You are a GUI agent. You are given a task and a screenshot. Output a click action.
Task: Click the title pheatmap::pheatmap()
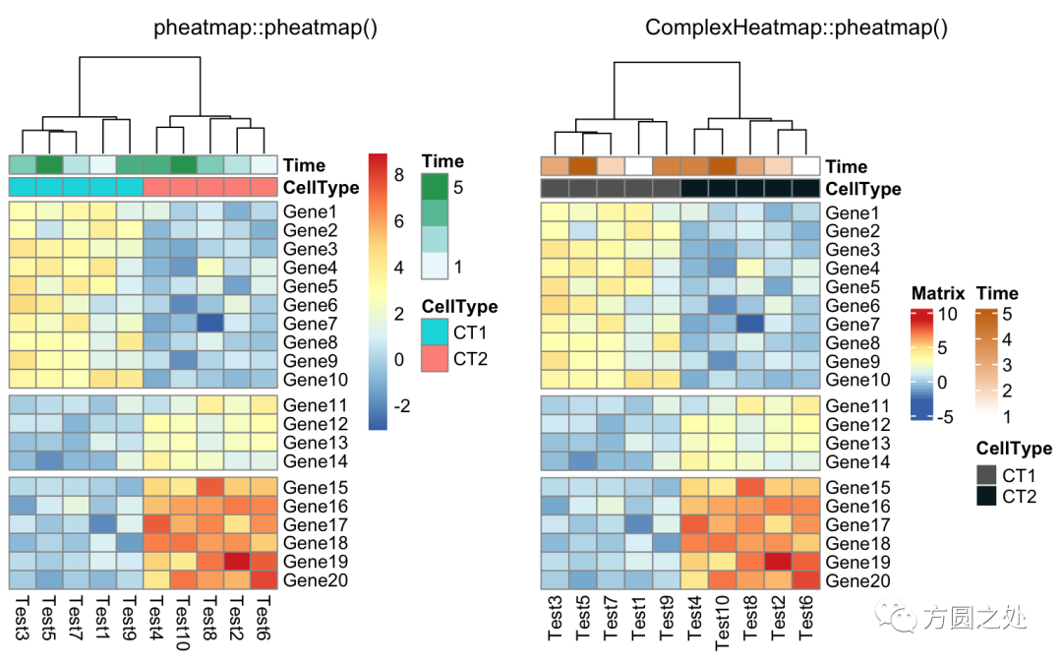pyautogui.click(x=265, y=28)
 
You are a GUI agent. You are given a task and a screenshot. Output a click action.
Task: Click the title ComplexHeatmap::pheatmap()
pyautogui.click(x=796, y=28)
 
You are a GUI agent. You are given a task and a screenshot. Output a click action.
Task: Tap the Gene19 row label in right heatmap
pyautogui.click(x=858, y=563)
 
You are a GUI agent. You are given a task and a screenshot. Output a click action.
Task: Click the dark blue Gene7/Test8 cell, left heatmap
pyautogui.click(x=209, y=323)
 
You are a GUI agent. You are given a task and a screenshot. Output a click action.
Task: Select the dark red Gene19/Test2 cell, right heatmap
pyautogui.click(x=779, y=562)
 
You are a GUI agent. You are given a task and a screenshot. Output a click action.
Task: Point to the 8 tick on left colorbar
pyautogui.click(x=399, y=175)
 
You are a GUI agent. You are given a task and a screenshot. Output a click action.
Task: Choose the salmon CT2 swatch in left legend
pyautogui.click(x=436, y=359)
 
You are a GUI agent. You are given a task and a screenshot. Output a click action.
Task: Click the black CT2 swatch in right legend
pyautogui.click(x=986, y=497)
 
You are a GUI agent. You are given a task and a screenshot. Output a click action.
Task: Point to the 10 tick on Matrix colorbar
pyautogui.click(x=946, y=315)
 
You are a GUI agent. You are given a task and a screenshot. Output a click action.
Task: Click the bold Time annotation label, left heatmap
pyautogui.click(x=304, y=165)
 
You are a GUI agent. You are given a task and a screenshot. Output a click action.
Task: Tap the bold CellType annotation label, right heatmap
pyautogui.click(x=863, y=188)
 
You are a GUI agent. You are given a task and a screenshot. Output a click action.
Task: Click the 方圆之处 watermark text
pyautogui.click(x=974, y=619)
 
